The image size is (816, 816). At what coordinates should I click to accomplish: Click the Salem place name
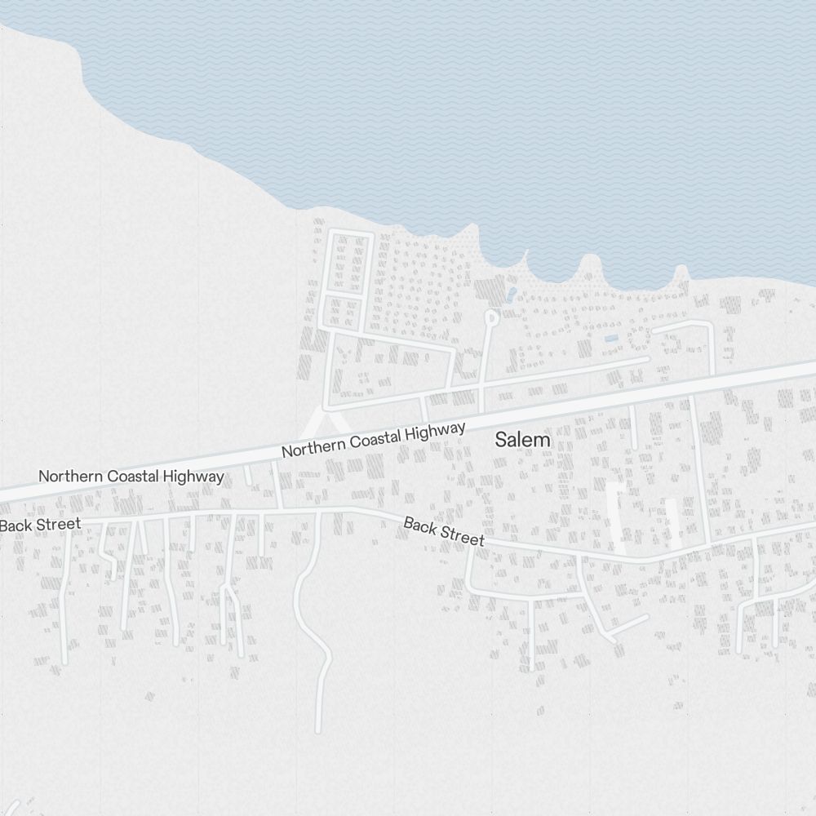tap(523, 440)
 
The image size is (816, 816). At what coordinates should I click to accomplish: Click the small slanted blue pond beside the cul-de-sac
tap(511, 293)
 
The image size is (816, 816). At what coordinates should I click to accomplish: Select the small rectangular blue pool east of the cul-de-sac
tap(611, 339)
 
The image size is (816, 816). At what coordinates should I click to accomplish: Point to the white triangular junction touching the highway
tap(325, 423)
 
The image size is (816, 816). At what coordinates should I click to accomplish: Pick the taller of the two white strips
tap(621, 518)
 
